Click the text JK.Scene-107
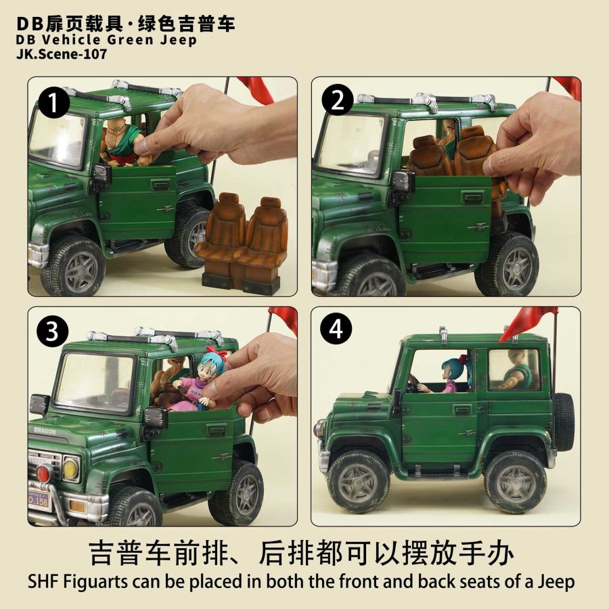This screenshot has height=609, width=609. point(60,55)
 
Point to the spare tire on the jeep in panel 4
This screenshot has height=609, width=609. point(563,421)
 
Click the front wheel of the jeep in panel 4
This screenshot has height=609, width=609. point(357,480)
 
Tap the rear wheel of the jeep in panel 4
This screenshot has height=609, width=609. point(515,481)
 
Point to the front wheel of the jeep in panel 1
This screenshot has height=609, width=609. point(72,265)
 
